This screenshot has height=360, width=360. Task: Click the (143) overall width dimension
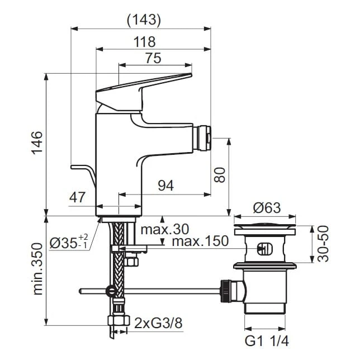[144, 20]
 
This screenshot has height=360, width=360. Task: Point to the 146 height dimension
[36, 144]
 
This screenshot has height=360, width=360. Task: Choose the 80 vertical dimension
[220, 176]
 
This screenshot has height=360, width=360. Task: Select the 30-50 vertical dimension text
[323, 244]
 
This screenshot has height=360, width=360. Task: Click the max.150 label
[200, 241]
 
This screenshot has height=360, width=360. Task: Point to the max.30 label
[164, 229]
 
